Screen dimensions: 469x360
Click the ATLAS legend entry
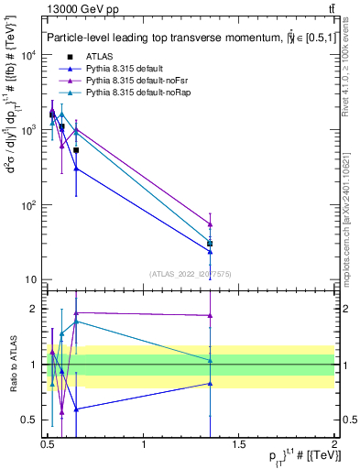98,57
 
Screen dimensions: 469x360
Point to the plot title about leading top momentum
183,38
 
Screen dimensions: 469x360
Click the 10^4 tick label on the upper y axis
27,56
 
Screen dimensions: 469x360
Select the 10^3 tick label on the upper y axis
27,131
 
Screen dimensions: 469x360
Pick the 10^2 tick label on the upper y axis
27,205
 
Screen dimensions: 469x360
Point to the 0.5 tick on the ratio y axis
28,420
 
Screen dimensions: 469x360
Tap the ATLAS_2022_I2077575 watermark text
191,272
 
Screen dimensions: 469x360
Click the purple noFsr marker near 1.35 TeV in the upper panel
211,224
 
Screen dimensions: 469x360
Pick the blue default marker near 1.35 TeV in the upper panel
211,252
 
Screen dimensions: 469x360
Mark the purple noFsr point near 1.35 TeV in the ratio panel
211,316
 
